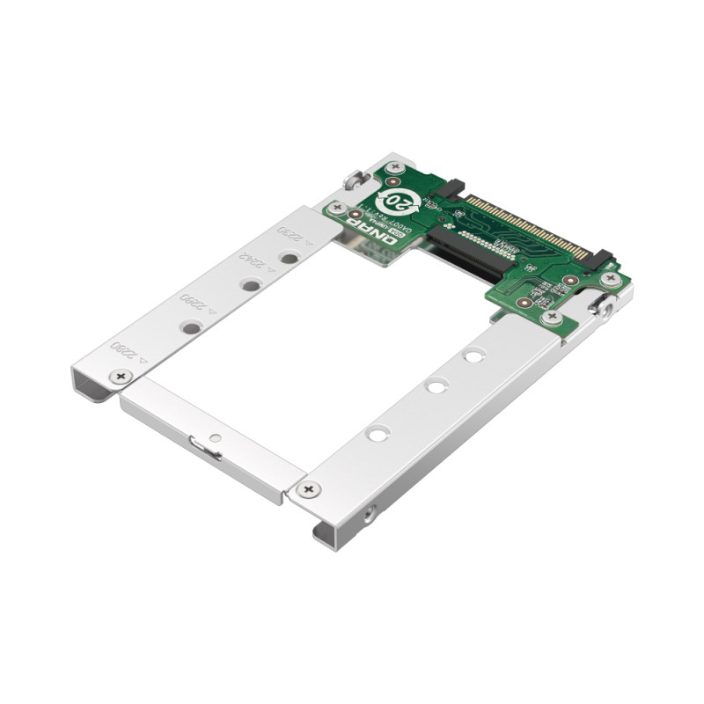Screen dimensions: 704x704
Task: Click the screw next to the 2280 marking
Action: click(121, 377)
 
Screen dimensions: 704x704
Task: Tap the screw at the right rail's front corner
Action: click(307, 489)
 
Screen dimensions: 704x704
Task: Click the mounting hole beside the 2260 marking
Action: click(191, 327)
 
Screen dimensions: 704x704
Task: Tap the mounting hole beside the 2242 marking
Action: click(251, 285)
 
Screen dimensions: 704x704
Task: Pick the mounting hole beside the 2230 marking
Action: click(289, 259)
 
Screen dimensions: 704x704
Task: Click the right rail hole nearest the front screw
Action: click(378, 434)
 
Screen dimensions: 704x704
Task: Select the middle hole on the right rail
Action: click(436, 386)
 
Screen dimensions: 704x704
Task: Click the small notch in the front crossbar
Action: click(211, 450)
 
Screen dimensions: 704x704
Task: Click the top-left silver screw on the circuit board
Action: click(395, 166)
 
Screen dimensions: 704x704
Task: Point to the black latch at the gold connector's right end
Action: click(601, 259)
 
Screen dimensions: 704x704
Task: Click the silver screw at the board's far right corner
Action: click(611, 279)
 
